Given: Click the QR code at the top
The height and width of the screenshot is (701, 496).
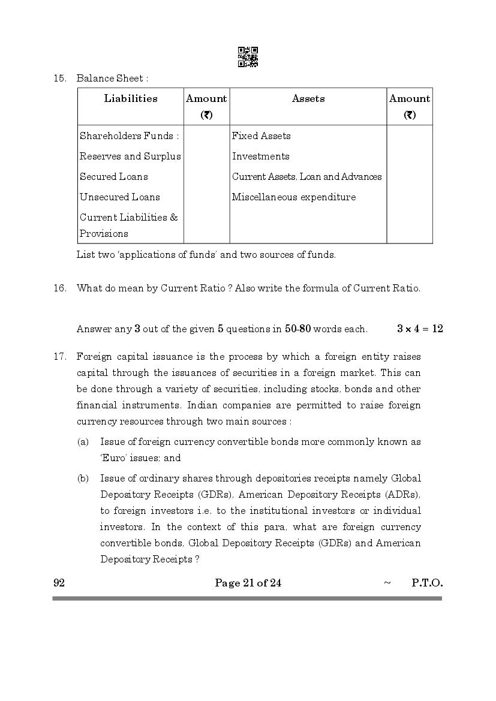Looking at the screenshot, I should point(248,57).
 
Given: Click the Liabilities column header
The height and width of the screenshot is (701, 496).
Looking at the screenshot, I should point(131,99).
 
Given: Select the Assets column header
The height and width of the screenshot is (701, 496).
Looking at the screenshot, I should point(308,99).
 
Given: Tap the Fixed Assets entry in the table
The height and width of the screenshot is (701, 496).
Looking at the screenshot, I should point(261,136).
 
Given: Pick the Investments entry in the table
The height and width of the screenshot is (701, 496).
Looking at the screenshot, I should point(260,157).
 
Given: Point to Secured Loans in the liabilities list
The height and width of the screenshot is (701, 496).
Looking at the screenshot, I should point(113,177).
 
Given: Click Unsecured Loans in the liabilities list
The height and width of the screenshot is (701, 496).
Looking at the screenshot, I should point(119,197).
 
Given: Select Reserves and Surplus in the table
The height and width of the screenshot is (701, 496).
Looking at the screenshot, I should point(130,157).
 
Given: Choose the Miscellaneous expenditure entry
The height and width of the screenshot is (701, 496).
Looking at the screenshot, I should point(294,197).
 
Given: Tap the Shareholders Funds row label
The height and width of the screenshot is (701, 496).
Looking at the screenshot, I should point(129,136).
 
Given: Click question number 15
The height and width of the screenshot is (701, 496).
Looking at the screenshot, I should point(59,79).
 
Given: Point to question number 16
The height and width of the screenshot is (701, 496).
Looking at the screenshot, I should point(59,288).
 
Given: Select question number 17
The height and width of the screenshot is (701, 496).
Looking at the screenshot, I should point(59,357).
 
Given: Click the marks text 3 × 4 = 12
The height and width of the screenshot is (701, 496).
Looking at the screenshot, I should point(420,329).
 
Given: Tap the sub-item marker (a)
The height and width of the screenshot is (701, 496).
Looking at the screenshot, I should point(83,442).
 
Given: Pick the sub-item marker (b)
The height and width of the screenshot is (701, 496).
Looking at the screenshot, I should point(83,479).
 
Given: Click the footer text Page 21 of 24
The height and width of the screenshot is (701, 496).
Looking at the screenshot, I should point(248,583).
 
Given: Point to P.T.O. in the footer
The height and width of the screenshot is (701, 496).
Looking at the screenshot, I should point(427,583).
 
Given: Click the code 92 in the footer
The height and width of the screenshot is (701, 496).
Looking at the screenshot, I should point(59,583).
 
